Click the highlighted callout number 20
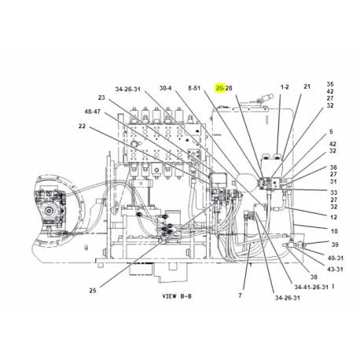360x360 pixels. pos(219,88)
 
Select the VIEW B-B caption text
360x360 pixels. pos(177,296)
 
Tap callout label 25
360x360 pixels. pos(93,290)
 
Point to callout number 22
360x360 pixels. pos(82,126)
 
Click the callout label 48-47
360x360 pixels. pos(93,112)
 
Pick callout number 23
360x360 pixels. pos(101,97)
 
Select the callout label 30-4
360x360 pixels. pos(166,88)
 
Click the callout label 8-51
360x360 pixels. pos(194,88)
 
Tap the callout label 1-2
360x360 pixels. pos(285,87)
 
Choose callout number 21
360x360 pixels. pos(307,86)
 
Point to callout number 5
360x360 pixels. pos(331,131)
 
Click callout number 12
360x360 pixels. pos(333,217)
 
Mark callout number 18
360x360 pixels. pos(334,231)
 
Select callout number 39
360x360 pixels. pos(335,244)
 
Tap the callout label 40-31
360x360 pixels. pos(336,258)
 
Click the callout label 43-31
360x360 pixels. pos(335,269)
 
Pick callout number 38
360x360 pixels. pos(314,277)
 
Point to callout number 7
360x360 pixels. pos(241,296)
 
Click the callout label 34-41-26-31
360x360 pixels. pos(311,287)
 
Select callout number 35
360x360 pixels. pos(330,84)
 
